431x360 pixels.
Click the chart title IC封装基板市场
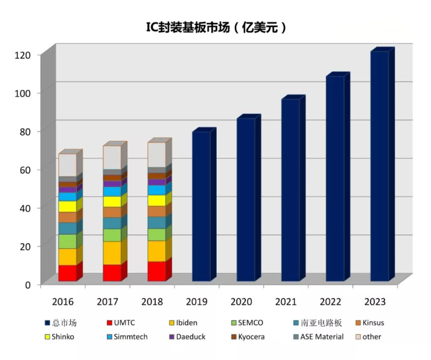215,27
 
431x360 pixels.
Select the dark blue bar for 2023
379,166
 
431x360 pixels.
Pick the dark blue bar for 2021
290,190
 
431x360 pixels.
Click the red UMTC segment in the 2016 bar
67,273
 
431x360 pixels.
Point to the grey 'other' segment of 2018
156,155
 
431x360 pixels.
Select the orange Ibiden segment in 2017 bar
112,253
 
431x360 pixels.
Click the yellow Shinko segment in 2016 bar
67,207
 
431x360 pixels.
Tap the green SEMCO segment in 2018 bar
156,235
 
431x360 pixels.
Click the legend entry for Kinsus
373,323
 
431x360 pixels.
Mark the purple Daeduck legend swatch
172,337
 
